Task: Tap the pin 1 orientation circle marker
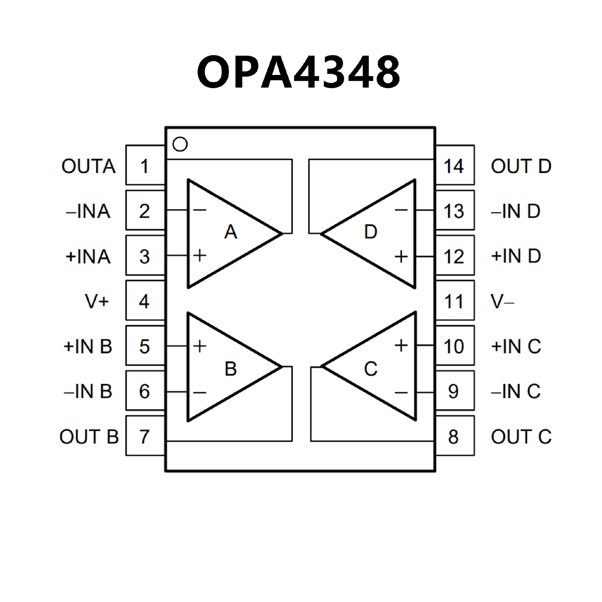[x=180, y=144]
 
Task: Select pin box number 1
[x=145, y=166]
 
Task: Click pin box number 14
[x=455, y=166]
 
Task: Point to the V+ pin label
[x=97, y=301]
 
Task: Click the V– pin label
[x=502, y=301]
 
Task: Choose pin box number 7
[x=145, y=436]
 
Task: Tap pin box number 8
[x=455, y=436]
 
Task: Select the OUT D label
[x=521, y=166]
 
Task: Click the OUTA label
[x=88, y=166]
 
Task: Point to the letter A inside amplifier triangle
[x=231, y=232]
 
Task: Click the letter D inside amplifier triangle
[x=371, y=232]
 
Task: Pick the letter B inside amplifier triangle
[x=231, y=369]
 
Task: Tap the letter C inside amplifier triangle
[x=371, y=369]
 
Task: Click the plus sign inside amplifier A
[x=200, y=255]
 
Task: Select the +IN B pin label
[x=88, y=346]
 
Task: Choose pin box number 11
[x=455, y=301]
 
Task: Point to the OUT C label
[x=521, y=436]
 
